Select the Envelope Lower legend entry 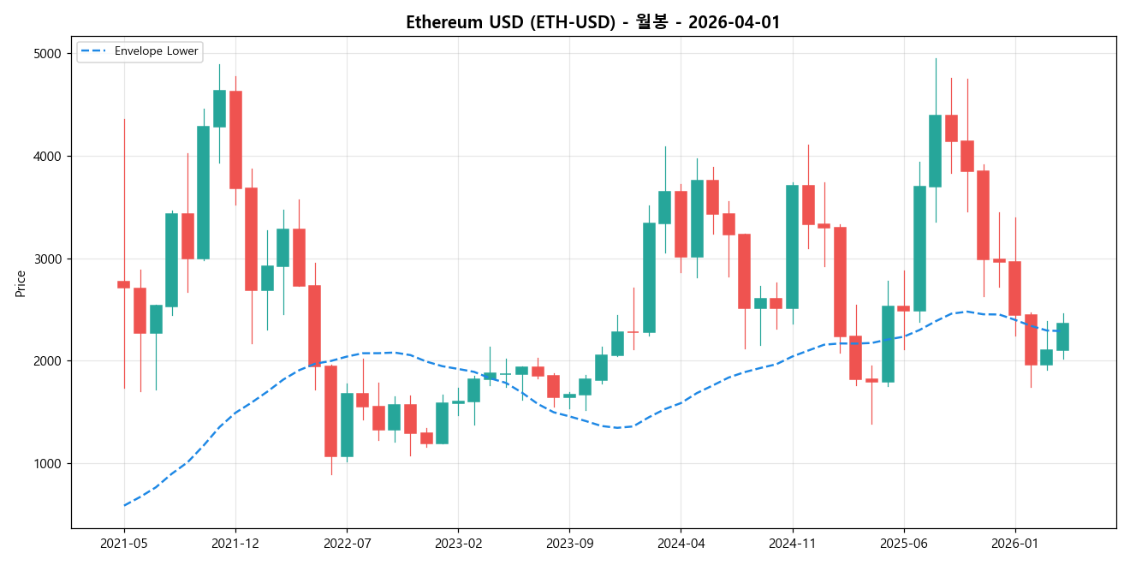point(156,51)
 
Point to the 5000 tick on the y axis point(48,54)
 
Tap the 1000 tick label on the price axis point(48,464)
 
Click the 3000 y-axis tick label point(48,259)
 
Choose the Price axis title point(21,282)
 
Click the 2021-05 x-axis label point(124,543)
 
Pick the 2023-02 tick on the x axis point(458,543)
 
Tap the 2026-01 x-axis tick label point(1014,543)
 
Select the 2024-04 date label point(681,543)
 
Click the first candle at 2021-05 point(124,284)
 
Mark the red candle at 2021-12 point(235,140)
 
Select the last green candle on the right point(1062,336)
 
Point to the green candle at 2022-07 point(347,425)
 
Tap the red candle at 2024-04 point(681,224)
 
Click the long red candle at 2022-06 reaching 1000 point(330,411)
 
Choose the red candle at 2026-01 point(1014,288)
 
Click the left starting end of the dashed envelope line point(125,505)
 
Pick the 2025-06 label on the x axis point(903,543)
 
